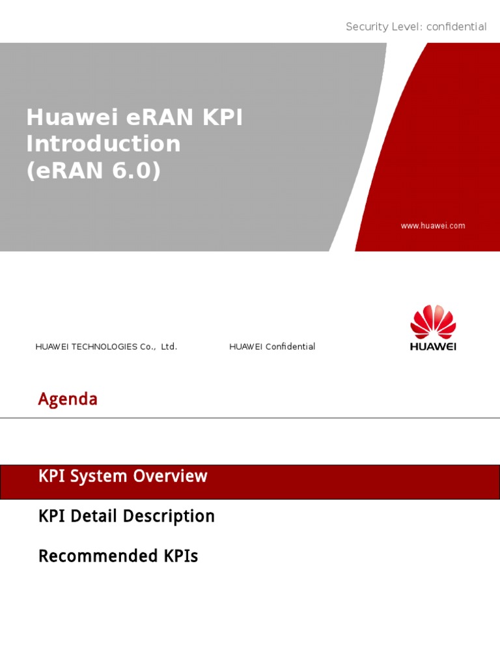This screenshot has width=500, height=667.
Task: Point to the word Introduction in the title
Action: click(x=103, y=143)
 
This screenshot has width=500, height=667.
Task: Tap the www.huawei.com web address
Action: click(x=433, y=226)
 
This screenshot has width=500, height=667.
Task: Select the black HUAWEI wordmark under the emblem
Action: click(x=433, y=347)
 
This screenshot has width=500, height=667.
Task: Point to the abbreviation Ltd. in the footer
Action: click(x=169, y=347)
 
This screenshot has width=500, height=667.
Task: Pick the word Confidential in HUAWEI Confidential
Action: click(x=290, y=347)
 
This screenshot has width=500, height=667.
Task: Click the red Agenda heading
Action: click(x=68, y=399)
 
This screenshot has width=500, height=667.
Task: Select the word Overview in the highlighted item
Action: click(x=170, y=476)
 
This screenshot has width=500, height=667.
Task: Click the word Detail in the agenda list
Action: click(x=94, y=517)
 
